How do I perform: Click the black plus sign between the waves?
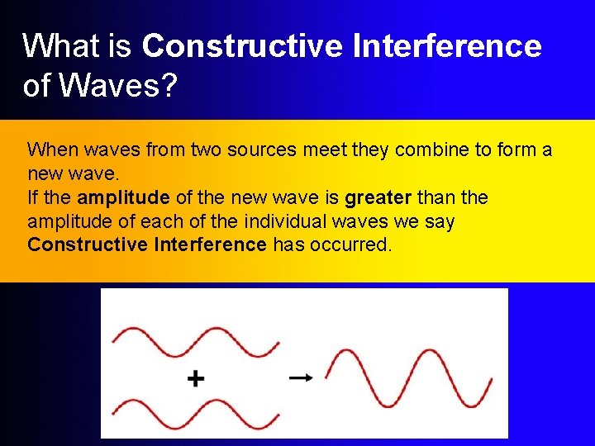[195, 379]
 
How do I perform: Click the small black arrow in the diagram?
[301, 377]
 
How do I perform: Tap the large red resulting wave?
[408, 378]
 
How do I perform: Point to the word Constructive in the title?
[242, 46]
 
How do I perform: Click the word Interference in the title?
[447, 46]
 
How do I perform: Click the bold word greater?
[378, 198]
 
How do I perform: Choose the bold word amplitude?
[123, 198]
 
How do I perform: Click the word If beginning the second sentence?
[33, 198]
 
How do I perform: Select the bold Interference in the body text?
[210, 244]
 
